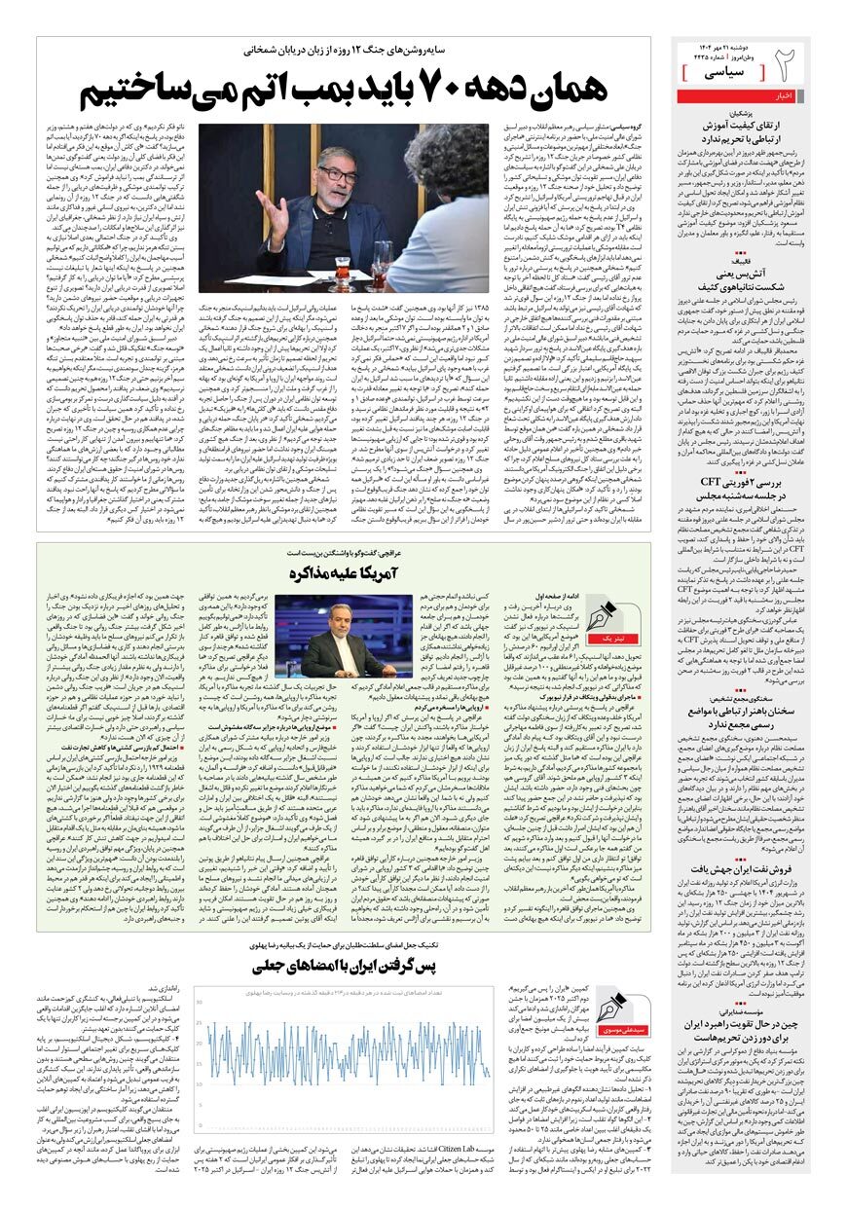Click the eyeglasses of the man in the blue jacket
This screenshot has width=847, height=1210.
coord(337,175)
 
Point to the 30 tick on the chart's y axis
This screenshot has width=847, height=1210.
coord(200,1001)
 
